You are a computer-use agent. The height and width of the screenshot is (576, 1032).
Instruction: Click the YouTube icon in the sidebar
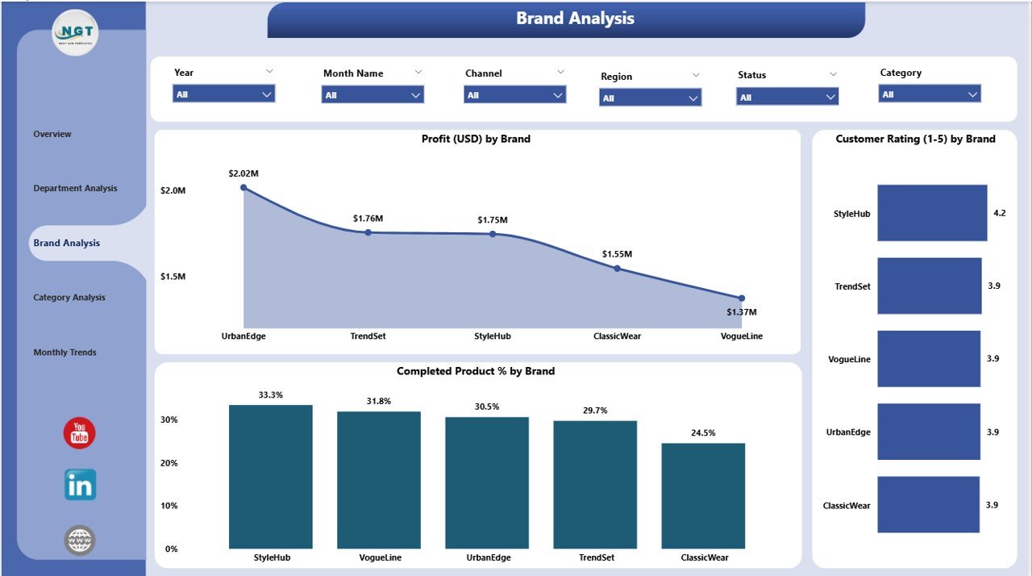click(79, 434)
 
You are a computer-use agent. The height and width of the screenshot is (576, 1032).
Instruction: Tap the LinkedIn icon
click(80, 485)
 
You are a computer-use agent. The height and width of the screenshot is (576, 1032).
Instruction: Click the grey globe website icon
click(80, 540)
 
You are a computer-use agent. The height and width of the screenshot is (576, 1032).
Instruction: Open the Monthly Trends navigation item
click(64, 353)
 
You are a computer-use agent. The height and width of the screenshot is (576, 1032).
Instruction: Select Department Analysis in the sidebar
click(75, 189)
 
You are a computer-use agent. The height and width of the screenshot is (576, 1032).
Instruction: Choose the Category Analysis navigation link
click(69, 298)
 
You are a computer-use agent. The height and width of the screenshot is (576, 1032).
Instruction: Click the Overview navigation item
click(52, 134)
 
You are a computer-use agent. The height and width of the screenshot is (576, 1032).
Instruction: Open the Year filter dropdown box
click(223, 94)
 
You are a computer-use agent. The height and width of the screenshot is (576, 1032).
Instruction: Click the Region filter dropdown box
click(650, 98)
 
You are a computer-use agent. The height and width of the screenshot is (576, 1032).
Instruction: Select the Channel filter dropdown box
click(514, 95)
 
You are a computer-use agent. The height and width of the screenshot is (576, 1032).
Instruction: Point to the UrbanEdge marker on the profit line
click(243, 187)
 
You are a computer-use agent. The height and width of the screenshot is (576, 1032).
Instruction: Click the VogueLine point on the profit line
click(741, 298)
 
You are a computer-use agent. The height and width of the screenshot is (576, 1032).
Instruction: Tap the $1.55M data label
click(617, 254)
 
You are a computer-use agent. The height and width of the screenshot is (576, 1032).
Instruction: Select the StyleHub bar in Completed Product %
click(270, 476)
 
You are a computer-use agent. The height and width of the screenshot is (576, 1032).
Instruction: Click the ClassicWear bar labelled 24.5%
click(703, 495)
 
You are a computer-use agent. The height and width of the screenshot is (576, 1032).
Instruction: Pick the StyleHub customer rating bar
click(932, 213)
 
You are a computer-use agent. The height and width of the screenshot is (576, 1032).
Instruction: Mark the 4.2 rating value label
click(1000, 213)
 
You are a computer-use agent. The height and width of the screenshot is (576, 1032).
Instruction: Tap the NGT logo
click(75, 32)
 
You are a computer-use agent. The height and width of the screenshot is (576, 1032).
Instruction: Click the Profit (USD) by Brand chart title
click(476, 139)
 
